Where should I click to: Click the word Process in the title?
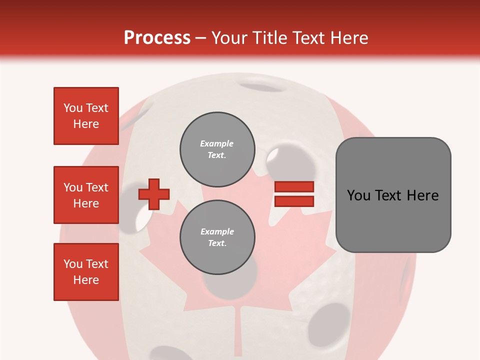(157, 38)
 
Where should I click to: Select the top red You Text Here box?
(86, 116)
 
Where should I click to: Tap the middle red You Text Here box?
(86, 195)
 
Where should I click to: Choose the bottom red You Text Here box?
(86, 272)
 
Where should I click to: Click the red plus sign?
(154, 193)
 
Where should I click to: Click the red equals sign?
(294, 194)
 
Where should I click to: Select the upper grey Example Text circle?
(217, 149)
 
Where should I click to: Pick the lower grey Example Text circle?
(217, 237)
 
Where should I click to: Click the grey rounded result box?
(393, 194)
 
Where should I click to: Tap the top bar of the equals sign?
(294, 186)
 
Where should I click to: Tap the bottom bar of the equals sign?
(294, 201)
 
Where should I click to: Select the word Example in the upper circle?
(216, 143)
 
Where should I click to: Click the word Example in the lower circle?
(217, 231)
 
